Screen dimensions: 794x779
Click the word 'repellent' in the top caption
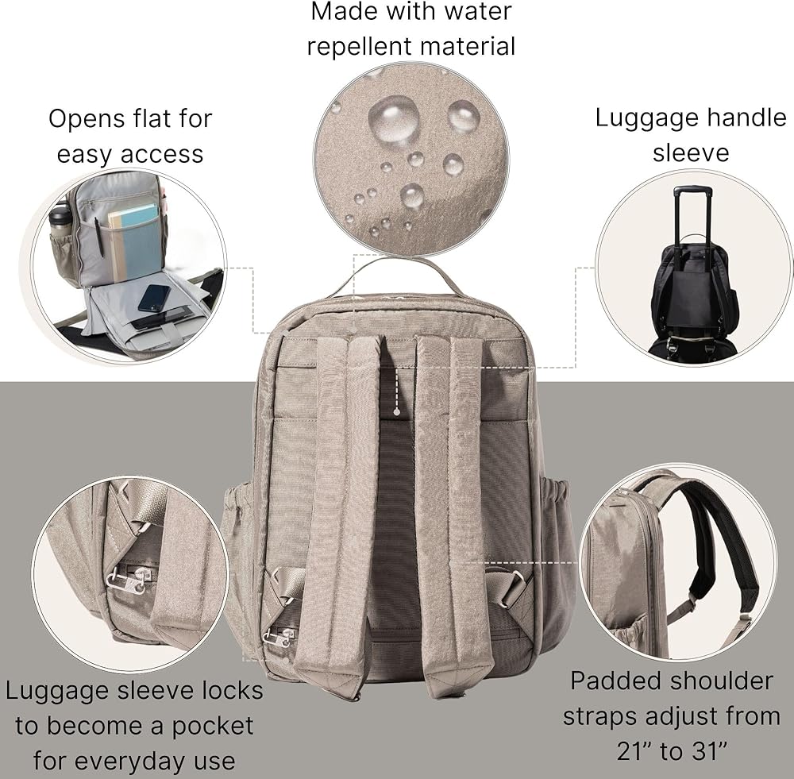point(360,46)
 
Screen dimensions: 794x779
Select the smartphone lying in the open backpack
point(153,298)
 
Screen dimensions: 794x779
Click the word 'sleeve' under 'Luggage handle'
point(690,152)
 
